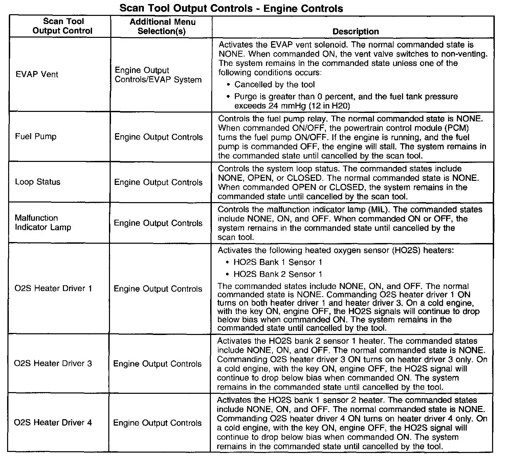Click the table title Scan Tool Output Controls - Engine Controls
231,8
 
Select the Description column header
355,32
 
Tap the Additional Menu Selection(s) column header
162,27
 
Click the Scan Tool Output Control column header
63,26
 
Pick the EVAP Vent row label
37,74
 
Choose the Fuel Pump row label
36,137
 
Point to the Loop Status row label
38,182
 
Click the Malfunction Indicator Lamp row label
43,222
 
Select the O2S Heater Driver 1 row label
53,288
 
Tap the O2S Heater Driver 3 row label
53,363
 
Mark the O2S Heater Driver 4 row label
53,423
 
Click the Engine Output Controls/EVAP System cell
158,75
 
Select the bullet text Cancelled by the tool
274,85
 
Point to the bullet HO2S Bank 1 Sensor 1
278,262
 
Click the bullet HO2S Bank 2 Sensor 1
278,274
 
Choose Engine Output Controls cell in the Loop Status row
158,183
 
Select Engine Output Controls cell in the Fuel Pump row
158,137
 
